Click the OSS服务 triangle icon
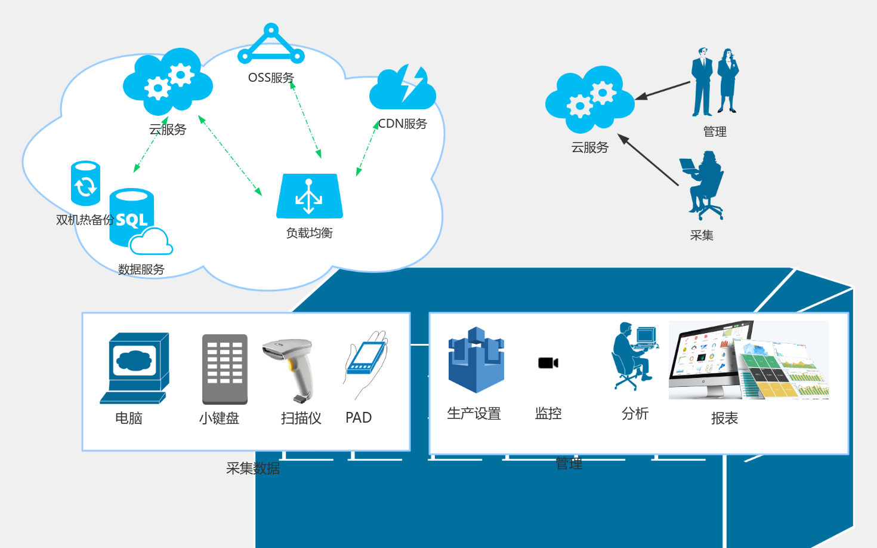click(271, 45)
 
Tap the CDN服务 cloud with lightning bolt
click(403, 88)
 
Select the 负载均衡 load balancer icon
click(309, 196)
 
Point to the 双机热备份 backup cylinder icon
click(85, 183)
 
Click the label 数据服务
click(141, 269)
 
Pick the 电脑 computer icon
click(135, 368)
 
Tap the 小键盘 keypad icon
click(225, 369)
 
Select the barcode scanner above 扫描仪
click(290, 368)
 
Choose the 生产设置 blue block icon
click(476, 359)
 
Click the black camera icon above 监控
click(548, 363)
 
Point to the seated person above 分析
click(633, 356)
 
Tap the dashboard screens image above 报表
click(748, 360)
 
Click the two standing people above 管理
click(715, 82)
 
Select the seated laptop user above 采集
click(703, 184)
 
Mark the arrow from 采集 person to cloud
click(649, 160)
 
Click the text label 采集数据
click(253, 469)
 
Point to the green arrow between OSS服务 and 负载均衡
click(306, 119)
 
